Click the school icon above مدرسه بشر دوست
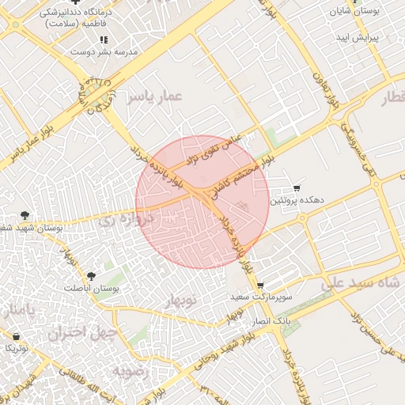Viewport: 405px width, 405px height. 104,40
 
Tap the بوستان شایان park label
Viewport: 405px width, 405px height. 352,14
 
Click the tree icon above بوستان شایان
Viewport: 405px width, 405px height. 353,2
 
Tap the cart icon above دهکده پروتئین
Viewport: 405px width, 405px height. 297,188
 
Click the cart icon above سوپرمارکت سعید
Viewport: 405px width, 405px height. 260,285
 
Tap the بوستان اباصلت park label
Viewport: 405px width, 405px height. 93,290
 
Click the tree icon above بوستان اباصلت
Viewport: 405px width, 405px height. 92,276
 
